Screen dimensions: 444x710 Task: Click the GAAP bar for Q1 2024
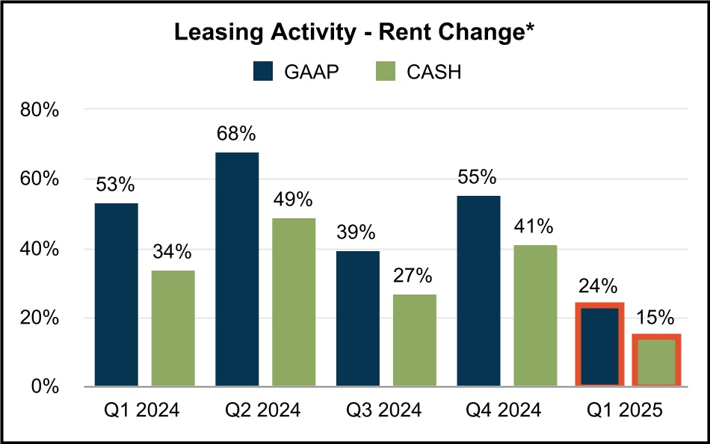[x=116, y=295]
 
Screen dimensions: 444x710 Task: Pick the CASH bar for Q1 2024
[x=173, y=328]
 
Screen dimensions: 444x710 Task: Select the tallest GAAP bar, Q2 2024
[x=237, y=269]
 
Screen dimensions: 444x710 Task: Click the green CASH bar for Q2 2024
[x=294, y=302]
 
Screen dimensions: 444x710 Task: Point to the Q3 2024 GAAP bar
[x=358, y=319]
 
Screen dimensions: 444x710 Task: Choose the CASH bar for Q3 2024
[x=415, y=340]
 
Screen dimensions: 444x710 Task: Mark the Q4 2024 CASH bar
[x=536, y=315]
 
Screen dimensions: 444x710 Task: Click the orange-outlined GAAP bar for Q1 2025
[x=599, y=345]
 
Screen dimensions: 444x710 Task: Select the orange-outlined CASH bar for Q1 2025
[x=656, y=361]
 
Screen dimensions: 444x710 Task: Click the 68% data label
[x=237, y=135]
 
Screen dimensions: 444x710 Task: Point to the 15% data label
[x=656, y=317]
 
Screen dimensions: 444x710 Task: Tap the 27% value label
[x=415, y=276]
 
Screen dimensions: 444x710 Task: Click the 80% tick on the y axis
[x=40, y=111]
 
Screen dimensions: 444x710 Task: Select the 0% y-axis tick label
[x=45, y=387]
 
